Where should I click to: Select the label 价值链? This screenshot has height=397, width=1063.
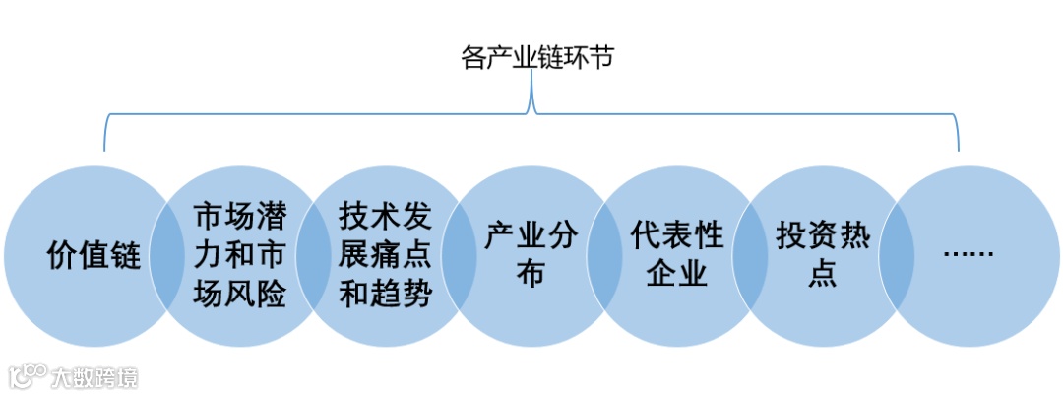[94, 257]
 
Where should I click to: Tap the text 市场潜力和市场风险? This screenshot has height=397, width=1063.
[239, 255]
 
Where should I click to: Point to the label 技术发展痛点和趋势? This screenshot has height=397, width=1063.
[385, 254]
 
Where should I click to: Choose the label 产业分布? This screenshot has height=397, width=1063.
[531, 255]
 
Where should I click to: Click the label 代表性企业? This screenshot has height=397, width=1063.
[676, 255]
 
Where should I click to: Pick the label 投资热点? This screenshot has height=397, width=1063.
[822, 255]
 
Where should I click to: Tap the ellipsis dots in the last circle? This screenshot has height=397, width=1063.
[968, 254]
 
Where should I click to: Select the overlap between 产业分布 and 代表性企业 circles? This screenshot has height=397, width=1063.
[603, 256]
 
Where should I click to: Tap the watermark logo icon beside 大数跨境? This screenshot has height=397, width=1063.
[29, 376]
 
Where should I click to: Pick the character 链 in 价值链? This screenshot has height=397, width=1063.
[125, 257]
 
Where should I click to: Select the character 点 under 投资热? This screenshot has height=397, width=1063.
[822, 273]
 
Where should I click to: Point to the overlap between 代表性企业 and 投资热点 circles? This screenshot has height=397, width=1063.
[749, 256]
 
